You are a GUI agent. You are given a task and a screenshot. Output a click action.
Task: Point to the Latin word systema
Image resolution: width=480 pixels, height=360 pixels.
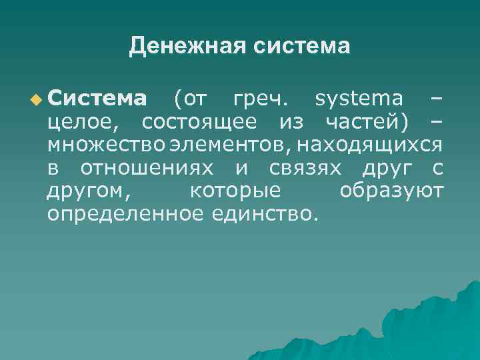pos(359,99)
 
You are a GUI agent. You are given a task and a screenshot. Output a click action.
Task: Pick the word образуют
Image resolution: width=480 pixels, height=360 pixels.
pos(391,191)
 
